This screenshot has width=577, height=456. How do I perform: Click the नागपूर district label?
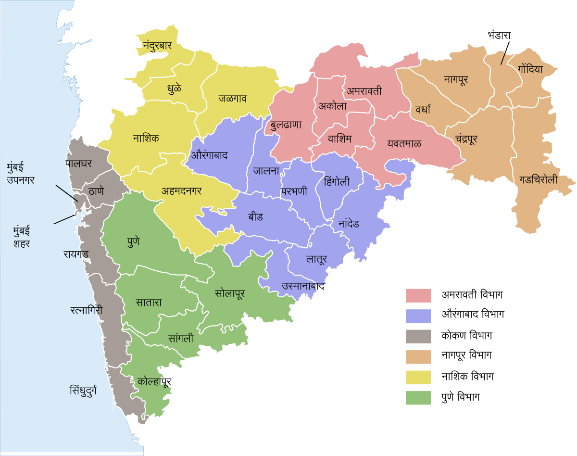pos(456,80)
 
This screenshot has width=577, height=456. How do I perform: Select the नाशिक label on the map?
pos(146,139)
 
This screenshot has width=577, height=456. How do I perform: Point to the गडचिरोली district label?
pos(538,180)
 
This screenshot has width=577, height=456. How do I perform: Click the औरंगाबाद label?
pos(209,155)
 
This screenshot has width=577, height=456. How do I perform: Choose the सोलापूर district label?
pos(230,293)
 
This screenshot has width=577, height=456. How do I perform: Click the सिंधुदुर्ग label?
pos(83,390)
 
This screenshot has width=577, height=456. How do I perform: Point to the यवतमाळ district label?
pos(404,143)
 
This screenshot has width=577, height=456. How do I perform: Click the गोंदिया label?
pos(530,69)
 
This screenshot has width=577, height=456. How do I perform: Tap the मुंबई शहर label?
pos(22,238)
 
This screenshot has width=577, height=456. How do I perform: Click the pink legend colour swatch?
pos(418,295)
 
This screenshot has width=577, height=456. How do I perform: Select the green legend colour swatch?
pos(418,398)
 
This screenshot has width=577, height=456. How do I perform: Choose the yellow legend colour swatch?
pos(418,378)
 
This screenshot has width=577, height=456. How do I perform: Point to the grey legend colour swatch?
pos(418,336)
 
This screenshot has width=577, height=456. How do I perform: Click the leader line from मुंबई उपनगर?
pos(66,192)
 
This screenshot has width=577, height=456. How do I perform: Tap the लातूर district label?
pos(316,259)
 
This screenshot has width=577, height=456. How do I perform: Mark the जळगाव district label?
pos(233,99)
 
